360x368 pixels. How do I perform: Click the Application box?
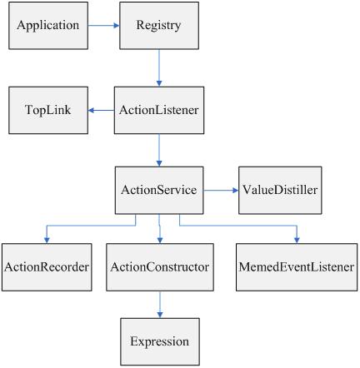pos(48,26)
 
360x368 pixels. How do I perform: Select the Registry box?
pos(159,26)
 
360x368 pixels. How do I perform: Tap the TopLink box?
pos(48,110)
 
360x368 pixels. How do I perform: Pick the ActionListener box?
pos(159,110)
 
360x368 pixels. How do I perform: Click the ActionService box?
pos(159,191)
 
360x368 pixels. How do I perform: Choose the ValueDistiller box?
pos(280,191)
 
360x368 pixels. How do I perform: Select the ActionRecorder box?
pos(47,267)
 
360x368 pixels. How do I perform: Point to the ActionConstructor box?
pos(160,267)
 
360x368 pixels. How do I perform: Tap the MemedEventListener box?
pos(297,267)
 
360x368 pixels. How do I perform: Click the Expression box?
pos(160,341)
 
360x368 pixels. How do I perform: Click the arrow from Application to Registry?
pos(104,26)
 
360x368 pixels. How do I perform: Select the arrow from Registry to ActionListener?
pos(159,68)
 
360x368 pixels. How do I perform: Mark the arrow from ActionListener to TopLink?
pos(101,111)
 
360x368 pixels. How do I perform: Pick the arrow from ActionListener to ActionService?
pos(159,151)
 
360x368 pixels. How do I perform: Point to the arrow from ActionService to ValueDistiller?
pos(221,191)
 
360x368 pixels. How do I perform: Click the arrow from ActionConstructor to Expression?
pos(160,305)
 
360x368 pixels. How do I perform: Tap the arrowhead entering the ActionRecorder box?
pos(47,241)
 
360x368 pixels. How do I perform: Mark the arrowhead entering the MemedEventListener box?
pos(297,241)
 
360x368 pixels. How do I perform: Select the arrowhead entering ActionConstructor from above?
pos(160,241)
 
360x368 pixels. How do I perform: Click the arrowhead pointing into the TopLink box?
pos(92,111)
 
